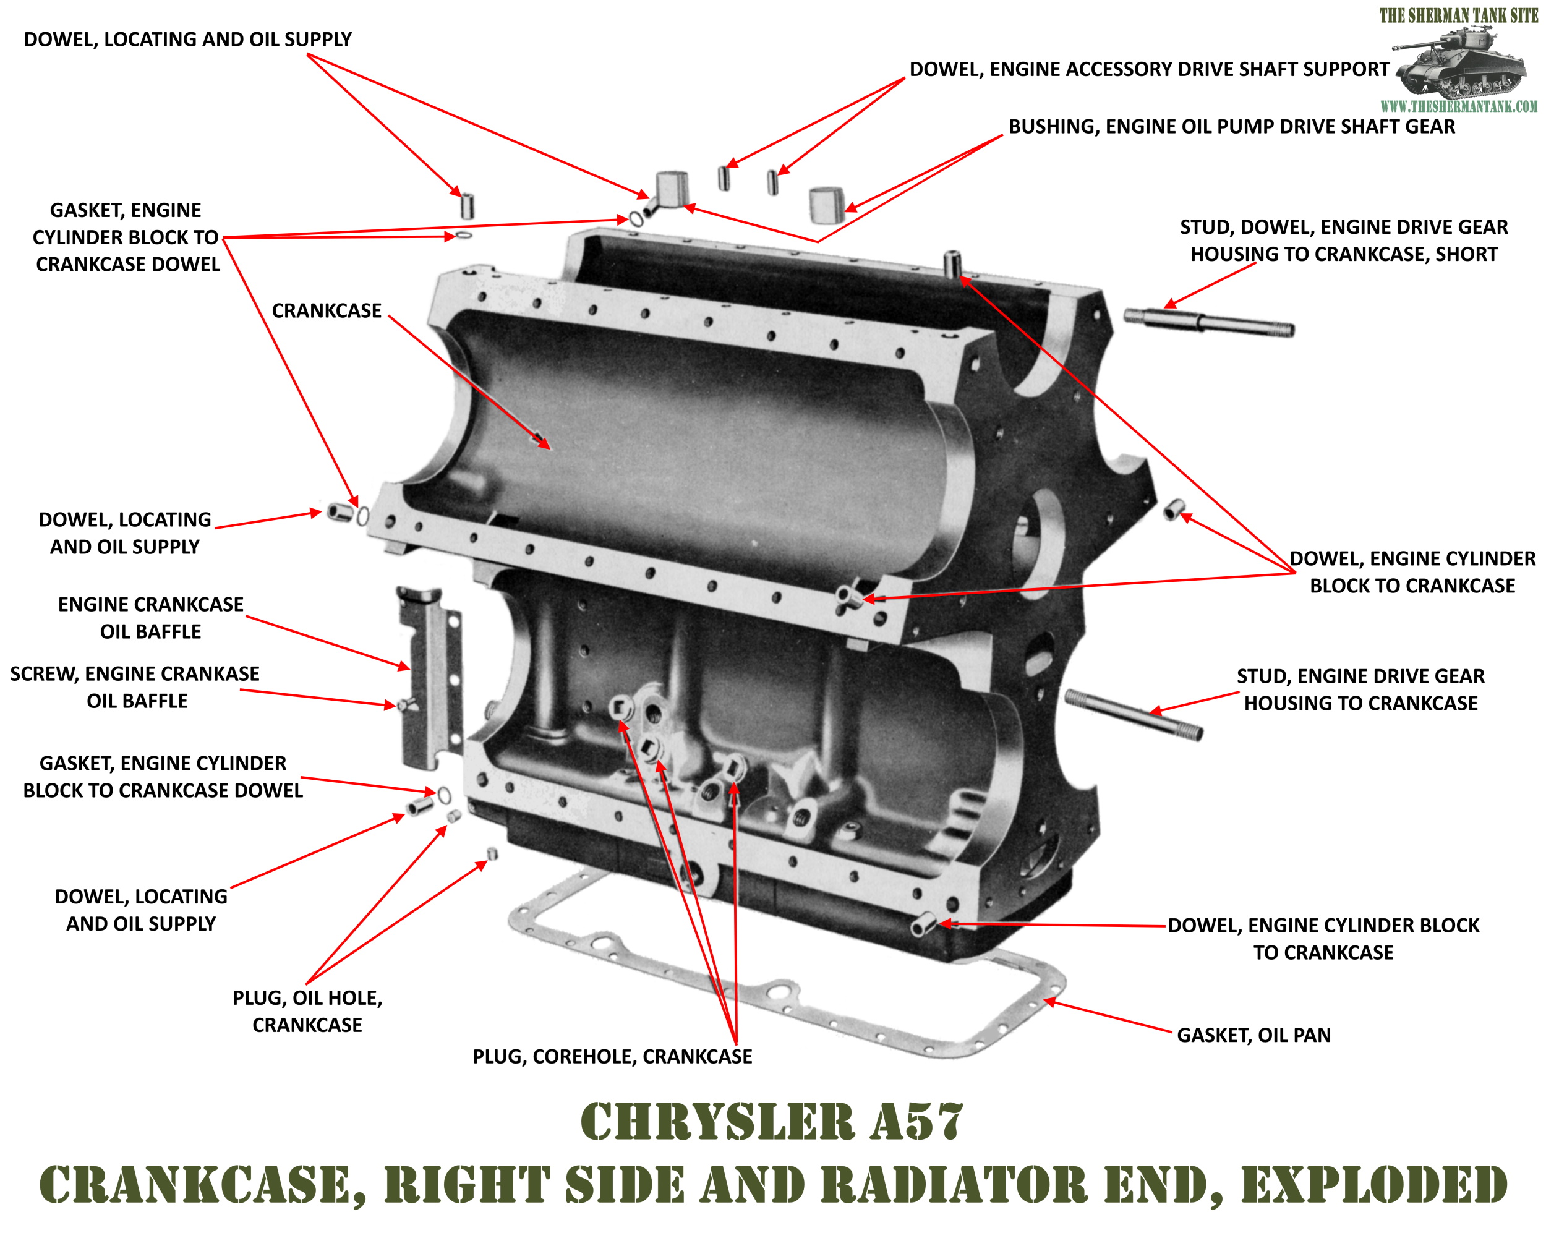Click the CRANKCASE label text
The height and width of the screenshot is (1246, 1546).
tap(326, 311)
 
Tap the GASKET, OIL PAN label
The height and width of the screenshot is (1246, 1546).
tap(1253, 1035)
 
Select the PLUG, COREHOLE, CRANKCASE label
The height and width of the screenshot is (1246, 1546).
tap(612, 1057)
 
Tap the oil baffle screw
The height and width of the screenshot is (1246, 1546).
tap(407, 705)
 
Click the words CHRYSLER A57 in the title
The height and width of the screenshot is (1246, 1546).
tap(772, 1121)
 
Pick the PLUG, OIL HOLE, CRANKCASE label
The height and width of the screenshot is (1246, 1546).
tap(307, 1011)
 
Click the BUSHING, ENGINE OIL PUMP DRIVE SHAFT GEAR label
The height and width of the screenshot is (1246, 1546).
tap(1232, 126)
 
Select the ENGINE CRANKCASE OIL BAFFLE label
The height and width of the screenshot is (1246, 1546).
tap(151, 618)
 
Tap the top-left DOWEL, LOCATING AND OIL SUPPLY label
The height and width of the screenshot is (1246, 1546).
tap(187, 40)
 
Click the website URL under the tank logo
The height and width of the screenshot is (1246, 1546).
tap(1458, 107)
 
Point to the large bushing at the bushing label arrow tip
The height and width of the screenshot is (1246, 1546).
tap(826, 205)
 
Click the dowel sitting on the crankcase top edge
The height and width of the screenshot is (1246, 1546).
tap(953, 263)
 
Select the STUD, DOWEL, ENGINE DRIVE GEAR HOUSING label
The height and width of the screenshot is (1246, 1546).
tap(1343, 241)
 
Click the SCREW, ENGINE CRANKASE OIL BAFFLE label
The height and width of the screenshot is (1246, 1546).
tap(135, 687)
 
